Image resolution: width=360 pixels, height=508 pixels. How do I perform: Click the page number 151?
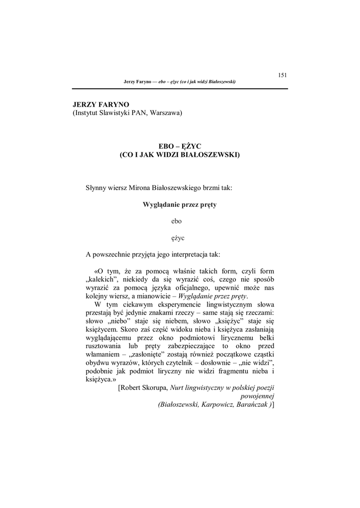point(283,75)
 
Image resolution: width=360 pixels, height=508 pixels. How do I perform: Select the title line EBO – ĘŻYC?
point(180,146)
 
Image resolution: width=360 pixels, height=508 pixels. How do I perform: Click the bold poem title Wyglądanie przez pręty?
point(180,204)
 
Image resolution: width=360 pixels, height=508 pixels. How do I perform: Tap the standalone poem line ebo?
point(180,221)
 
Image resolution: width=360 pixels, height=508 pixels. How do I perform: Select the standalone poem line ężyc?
point(180,238)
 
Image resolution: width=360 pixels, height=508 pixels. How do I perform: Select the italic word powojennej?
point(257,396)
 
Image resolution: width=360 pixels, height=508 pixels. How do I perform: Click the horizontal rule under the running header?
point(180,88)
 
